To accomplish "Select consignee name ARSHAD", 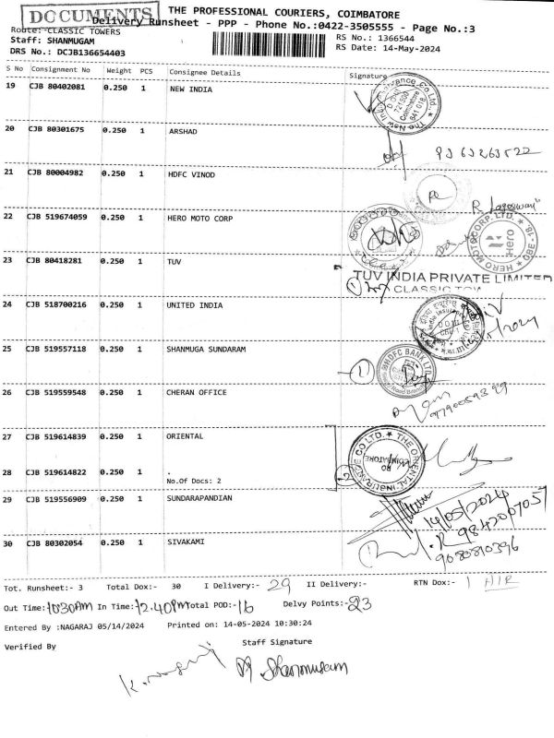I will click(184, 132).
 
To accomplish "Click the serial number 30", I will click(10, 543).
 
